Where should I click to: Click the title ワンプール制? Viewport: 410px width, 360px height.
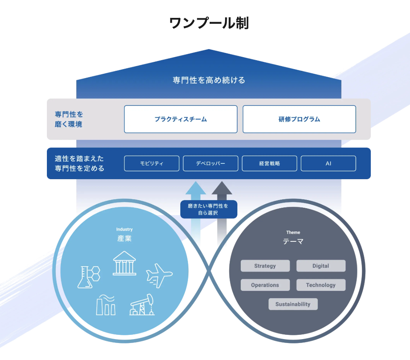click(209, 23)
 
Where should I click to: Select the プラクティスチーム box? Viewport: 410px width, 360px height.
click(181, 119)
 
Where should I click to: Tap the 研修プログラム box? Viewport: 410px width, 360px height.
click(299, 119)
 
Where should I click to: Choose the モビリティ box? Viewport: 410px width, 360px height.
click(152, 163)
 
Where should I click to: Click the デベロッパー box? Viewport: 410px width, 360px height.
click(211, 163)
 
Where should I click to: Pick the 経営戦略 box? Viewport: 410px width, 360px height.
click(269, 163)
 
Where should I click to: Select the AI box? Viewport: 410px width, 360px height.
click(328, 163)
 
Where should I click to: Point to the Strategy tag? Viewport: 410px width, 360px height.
click(265, 266)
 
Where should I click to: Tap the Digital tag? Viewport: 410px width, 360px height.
click(321, 266)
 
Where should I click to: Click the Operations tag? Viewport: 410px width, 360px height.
click(265, 285)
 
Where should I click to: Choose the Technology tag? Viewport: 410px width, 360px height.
click(321, 285)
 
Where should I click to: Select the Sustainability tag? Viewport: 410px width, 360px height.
click(293, 304)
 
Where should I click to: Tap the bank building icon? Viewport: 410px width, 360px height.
click(124, 264)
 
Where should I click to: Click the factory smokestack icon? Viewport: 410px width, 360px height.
click(105, 305)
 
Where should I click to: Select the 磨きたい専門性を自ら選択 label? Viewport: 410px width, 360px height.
click(208, 209)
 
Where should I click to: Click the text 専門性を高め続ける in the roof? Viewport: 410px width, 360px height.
click(209, 80)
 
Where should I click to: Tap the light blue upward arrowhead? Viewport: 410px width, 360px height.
click(196, 188)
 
